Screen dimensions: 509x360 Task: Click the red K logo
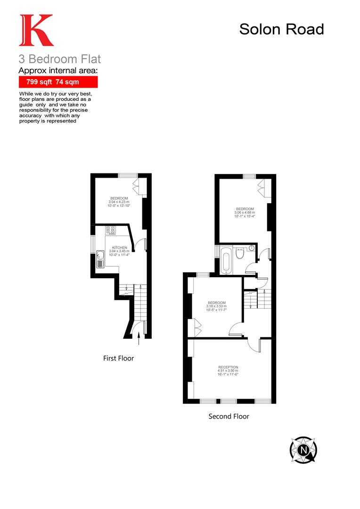coord(36,31)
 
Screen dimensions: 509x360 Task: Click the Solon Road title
coord(281,29)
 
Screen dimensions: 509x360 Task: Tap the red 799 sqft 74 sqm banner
coord(58,82)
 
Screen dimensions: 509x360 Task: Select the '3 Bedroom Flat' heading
coord(59,59)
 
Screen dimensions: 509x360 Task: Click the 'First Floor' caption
coord(118,358)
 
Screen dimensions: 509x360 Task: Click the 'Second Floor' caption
coord(229,416)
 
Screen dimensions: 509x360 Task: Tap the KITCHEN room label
coord(119,247)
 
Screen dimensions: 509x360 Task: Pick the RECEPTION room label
coord(228,367)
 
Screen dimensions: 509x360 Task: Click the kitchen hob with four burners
coord(111,230)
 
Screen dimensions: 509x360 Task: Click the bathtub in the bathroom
coord(226,260)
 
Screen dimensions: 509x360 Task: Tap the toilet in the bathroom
coord(239,254)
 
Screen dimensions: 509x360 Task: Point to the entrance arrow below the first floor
coord(139,334)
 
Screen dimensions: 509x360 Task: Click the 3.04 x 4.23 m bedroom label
coord(119,202)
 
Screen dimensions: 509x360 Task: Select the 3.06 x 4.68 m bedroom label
coord(245,213)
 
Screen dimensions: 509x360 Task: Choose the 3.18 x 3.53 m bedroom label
coord(216,306)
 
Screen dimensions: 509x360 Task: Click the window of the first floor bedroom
coord(124,175)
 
